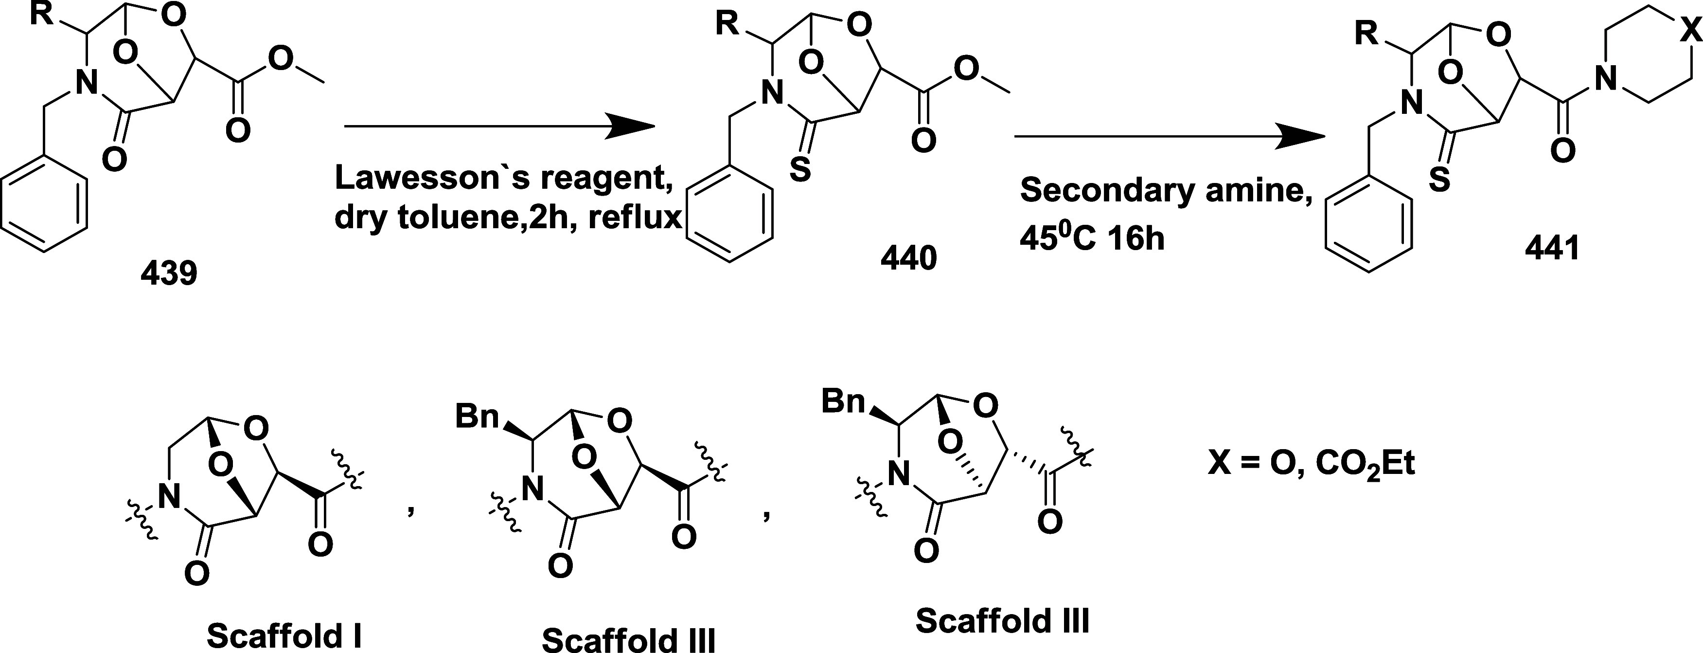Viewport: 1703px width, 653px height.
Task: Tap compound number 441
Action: [1552, 248]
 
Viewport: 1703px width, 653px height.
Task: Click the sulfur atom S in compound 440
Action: [800, 171]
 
